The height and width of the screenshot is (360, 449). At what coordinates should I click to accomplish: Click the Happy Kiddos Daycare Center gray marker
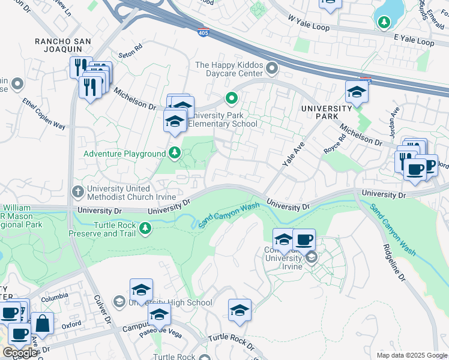click(272, 69)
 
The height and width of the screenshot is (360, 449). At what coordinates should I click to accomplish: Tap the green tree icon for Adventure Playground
click(174, 153)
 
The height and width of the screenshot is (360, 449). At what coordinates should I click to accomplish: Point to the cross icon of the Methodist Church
click(77, 191)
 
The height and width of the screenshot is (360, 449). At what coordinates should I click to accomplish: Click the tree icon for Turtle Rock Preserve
click(145, 229)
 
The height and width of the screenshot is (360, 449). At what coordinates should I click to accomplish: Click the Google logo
click(19, 353)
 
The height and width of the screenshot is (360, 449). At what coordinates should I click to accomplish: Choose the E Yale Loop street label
click(414, 41)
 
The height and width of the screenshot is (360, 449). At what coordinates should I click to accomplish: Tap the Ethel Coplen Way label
click(44, 113)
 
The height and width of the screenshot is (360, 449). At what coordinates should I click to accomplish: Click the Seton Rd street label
click(131, 46)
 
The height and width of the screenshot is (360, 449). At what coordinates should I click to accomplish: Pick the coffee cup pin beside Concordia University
click(304, 239)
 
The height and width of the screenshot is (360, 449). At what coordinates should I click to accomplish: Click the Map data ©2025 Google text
click(411, 355)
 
